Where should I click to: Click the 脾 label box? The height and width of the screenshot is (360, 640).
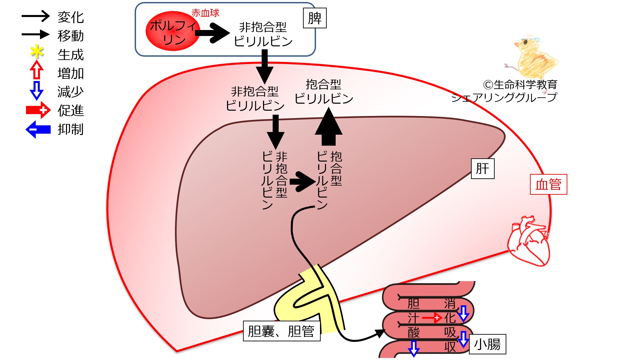(x=315, y=18)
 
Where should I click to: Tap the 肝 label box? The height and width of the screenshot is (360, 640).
(x=482, y=169)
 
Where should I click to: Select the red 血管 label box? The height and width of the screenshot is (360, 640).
(x=548, y=184)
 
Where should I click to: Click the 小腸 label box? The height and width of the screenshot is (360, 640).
(x=487, y=344)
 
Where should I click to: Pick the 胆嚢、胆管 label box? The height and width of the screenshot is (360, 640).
(x=282, y=331)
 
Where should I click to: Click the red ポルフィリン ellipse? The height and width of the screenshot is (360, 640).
(x=173, y=31)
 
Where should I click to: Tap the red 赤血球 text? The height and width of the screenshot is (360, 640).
(x=205, y=13)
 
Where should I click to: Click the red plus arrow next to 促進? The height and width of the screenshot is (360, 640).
(x=38, y=110)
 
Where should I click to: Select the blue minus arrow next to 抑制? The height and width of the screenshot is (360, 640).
(x=38, y=129)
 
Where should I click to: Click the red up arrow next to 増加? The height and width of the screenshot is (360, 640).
(x=37, y=70)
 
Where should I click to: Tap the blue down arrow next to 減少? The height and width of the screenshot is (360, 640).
(x=37, y=90)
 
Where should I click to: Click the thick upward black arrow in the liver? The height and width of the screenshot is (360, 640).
(x=329, y=127)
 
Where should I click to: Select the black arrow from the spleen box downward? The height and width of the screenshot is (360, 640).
(x=265, y=67)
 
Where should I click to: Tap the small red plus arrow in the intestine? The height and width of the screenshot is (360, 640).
(x=432, y=318)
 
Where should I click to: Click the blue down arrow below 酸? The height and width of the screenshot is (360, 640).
(x=414, y=349)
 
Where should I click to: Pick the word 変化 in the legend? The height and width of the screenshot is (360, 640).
(x=71, y=17)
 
